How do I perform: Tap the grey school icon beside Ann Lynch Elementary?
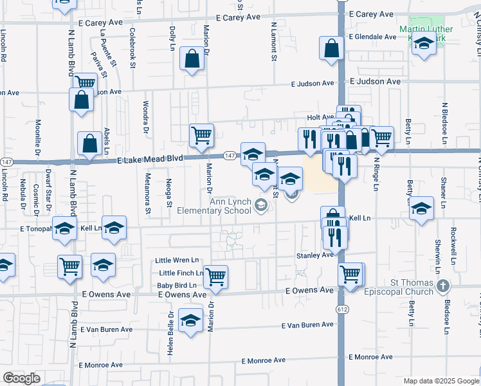pyautogui.click(x=261, y=206)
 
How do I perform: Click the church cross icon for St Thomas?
pyautogui.click(x=442, y=285)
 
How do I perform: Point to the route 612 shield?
pyautogui.click(x=340, y=309)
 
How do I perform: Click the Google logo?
pyautogui.click(x=21, y=378)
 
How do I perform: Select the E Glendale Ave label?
pyautogui.click(x=372, y=37)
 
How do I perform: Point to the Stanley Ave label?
pyautogui.click(x=314, y=255)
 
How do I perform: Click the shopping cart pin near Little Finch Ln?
pyautogui.click(x=216, y=276)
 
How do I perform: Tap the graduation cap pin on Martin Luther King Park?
pyautogui.click(x=424, y=44)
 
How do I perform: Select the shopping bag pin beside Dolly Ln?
pyautogui.click(x=192, y=59)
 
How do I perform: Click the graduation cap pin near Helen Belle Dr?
pyautogui.click(x=191, y=320)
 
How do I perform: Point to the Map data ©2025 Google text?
pyautogui.click(x=440, y=381)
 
